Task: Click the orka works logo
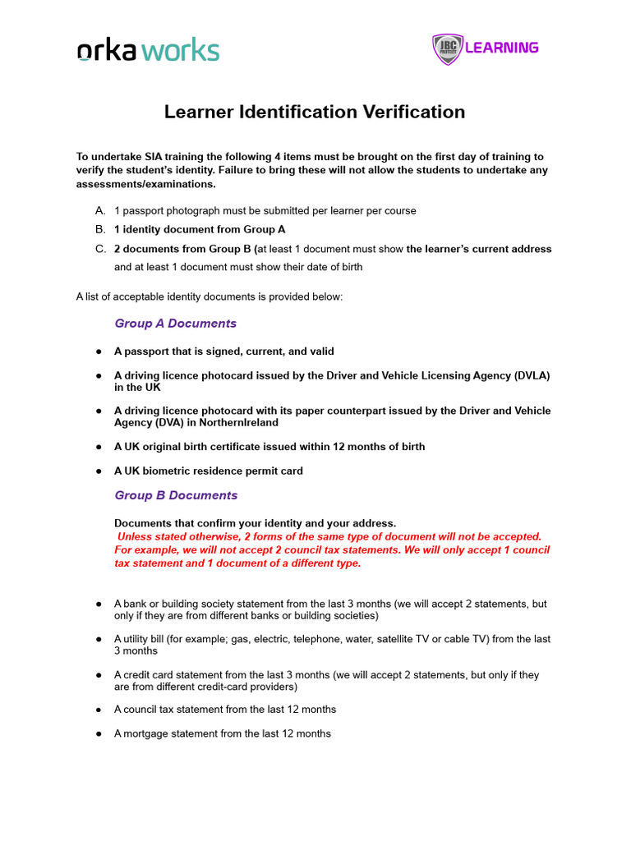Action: click(148, 50)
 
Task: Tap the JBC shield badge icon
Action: click(447, 48)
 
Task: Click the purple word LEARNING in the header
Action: click(501, 48)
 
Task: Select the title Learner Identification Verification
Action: click(315, 112)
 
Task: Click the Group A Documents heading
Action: click(175, 324)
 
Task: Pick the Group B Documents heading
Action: click(176, 495)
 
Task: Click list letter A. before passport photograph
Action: click(101, 210)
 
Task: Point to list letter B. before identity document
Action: click(101, 229)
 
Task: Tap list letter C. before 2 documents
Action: click(101, 249)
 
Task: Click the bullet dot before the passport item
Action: click(99, 352)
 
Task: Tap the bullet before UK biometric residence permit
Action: click(99, 471)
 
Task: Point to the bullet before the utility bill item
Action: click(99, 639)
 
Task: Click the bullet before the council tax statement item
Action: click(99, 710)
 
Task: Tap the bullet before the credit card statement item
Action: click(99, 675)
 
